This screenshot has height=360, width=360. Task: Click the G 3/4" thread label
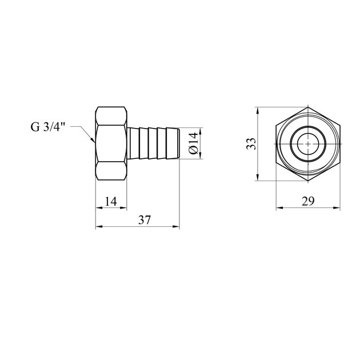(x=48, y=127)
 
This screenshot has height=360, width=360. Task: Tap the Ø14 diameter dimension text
(x=193, y=143)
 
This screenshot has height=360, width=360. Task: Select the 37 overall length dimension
(x=145, y=220)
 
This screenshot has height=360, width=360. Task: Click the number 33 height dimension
(x=251, y=144)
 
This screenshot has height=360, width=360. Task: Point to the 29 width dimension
(x=308, y=201)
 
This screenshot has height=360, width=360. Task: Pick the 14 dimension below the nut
(x=111, y=201)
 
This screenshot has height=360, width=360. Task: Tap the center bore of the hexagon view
(x=308, y=144)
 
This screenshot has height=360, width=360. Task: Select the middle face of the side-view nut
(x=111, y=143)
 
